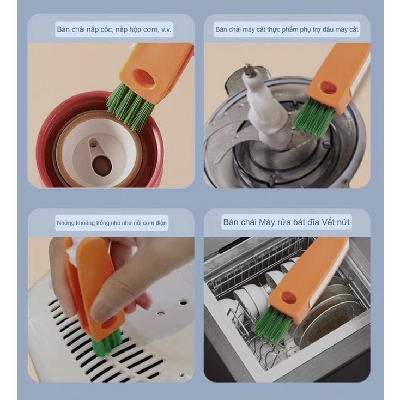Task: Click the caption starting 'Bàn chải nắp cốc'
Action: coord(114,29)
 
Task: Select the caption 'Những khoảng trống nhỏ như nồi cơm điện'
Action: coord(112,223)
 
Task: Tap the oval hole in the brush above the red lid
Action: coord(144,78)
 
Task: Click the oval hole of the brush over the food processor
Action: coord(328,88)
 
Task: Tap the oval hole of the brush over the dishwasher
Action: coord(289,298)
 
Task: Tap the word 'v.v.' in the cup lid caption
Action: coord(166,30)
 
